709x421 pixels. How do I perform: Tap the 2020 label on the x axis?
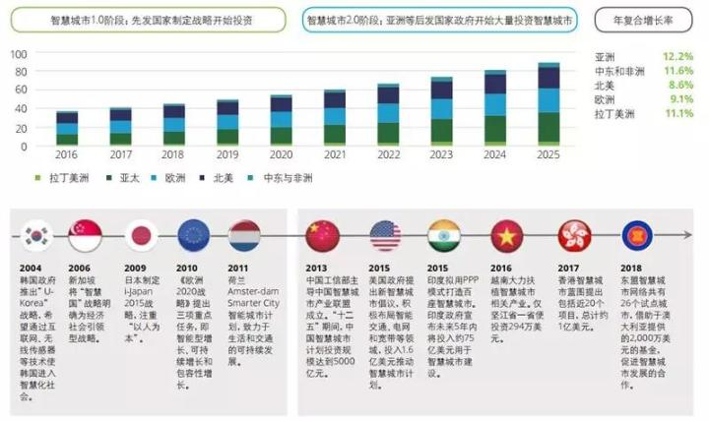(x=281, y=155)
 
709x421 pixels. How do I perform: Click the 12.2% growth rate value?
(x=678, y=57)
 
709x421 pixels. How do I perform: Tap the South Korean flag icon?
(x=37, y=236)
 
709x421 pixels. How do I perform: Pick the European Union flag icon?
(x=191, y=236)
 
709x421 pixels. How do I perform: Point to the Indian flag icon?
(x=443, y=236)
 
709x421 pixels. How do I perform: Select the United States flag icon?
(x=384, y=236)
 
